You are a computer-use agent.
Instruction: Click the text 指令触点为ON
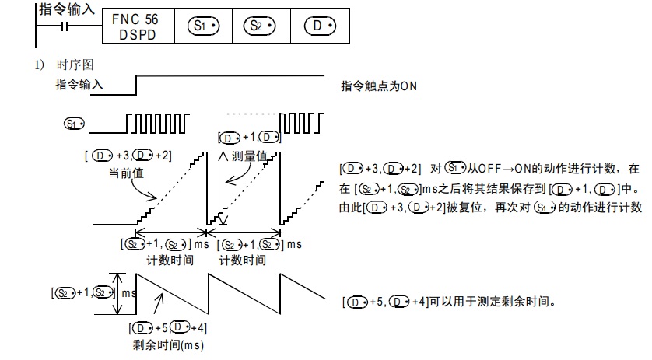point(380,86)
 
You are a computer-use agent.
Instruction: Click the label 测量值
point(251,156)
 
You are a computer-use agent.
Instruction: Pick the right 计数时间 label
point(243,260)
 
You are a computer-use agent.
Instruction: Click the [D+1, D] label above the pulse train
point(249,138)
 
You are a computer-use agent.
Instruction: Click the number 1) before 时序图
point(38,64)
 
